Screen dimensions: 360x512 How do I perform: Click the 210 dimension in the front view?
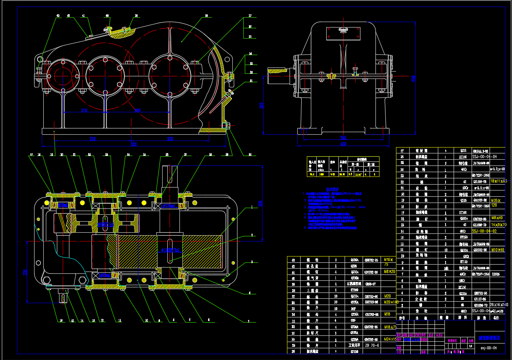[84, 110]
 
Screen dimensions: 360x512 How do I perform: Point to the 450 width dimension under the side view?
[343, 144]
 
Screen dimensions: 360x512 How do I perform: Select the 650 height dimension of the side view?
[414, 79]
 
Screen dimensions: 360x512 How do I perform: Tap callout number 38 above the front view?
[206, 16]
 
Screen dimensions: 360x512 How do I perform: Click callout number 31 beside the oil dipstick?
[251, 81]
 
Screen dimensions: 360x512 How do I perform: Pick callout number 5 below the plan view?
[248, 321]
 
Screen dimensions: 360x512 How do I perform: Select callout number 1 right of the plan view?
[252, 207]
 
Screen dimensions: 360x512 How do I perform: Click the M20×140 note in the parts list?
[391, 302]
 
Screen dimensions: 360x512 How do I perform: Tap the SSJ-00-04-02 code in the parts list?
[484, 231]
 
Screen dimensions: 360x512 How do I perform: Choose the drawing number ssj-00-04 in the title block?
[489, 348]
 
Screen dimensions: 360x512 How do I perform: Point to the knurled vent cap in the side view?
[343, 30]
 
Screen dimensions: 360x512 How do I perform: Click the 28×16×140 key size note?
[498, 305]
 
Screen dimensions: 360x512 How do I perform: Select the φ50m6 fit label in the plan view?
[105, 224]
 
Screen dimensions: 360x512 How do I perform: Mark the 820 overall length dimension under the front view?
[134, 144]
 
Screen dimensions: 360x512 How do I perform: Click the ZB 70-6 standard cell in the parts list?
[371, 345]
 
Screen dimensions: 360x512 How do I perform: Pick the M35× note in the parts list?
[496, 201]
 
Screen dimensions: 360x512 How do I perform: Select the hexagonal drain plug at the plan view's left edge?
[47, 281]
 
